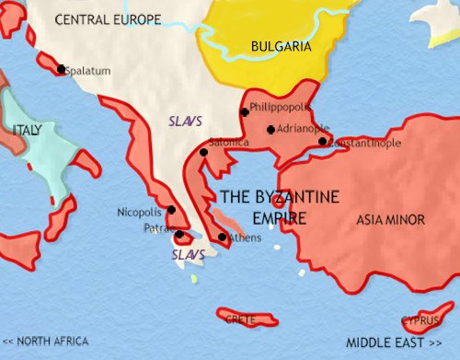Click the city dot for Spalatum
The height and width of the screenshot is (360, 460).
[61, 69]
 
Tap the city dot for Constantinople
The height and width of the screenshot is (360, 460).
[323, 141]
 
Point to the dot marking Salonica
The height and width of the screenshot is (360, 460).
[202, 152]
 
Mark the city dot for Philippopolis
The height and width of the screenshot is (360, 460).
[244, 112]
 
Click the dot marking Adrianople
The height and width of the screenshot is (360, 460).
[270, 130]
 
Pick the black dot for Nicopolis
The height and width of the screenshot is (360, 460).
[171, 210]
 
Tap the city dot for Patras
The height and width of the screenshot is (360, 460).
[179, 236]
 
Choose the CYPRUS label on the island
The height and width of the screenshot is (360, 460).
[419, 321]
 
